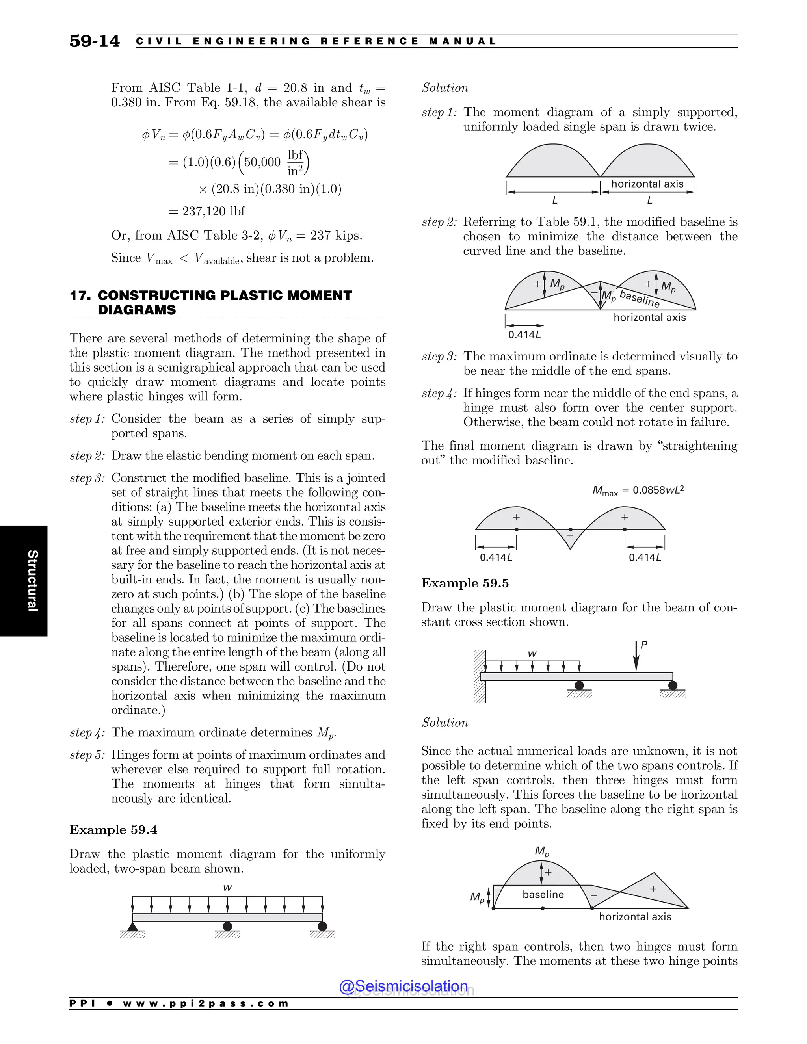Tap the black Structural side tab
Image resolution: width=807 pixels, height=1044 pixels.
24,580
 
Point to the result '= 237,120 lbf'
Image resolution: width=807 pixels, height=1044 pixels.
206,211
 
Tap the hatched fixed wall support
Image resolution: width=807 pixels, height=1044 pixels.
480,676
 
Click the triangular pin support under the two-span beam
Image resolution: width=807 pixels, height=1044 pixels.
132,927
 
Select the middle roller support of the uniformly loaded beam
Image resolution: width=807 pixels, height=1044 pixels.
228,927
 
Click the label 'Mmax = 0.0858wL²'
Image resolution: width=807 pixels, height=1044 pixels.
638,490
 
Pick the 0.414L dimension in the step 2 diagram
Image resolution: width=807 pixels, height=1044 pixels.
524,334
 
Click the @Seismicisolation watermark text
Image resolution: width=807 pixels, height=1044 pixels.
403,986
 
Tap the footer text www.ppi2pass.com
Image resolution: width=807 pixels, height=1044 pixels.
206,1003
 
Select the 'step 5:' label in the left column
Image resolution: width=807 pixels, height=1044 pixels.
87,755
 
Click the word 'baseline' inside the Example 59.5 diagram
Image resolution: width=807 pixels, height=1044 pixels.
543,894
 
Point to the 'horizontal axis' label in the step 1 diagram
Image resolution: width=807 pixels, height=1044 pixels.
647,184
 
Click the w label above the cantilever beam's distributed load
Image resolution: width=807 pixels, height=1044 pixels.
532,654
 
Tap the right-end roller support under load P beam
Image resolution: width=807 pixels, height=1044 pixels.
673,686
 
